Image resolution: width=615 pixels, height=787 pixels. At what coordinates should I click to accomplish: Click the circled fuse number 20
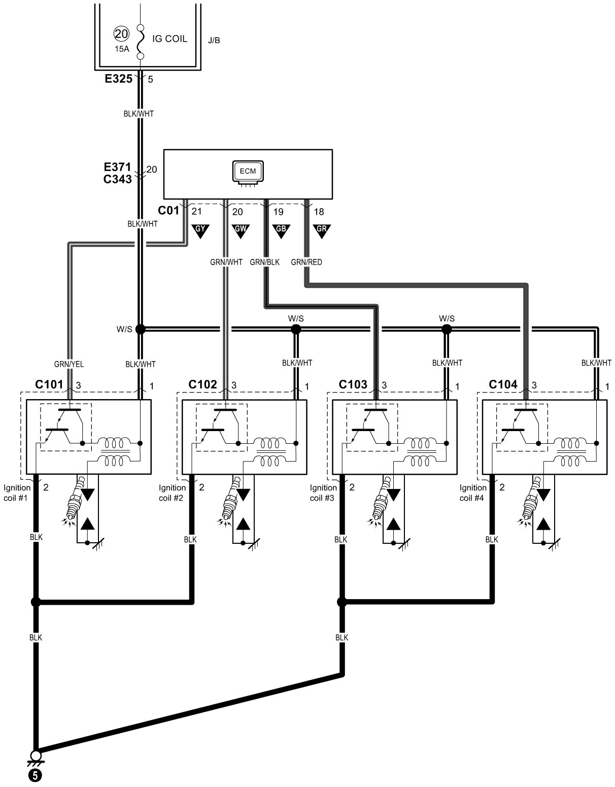click(122, 34)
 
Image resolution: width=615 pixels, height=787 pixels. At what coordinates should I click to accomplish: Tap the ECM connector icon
click(248, 172)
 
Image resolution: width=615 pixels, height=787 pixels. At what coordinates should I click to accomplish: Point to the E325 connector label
click(119, 79)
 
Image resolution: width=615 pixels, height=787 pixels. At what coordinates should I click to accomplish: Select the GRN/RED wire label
click(306, 263)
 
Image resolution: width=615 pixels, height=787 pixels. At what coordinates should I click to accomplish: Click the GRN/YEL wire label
click(69, 364)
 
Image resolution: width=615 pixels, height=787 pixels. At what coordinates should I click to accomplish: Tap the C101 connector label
click(49, 385)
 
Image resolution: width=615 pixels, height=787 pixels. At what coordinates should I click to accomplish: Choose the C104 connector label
click(503, 385)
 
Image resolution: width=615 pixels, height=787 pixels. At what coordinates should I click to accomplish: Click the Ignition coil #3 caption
click(322, 493)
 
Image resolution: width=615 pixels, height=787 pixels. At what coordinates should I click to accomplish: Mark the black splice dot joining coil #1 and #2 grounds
click(36, 602)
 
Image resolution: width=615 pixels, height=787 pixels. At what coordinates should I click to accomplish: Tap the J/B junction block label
click(214, 40)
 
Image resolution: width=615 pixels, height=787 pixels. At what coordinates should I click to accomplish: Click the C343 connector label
click(117, 179)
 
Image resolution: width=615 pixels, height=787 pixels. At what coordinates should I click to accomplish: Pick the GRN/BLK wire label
click(265, 263)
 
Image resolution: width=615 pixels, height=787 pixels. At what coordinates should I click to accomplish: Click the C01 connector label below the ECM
click(169, 210)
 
